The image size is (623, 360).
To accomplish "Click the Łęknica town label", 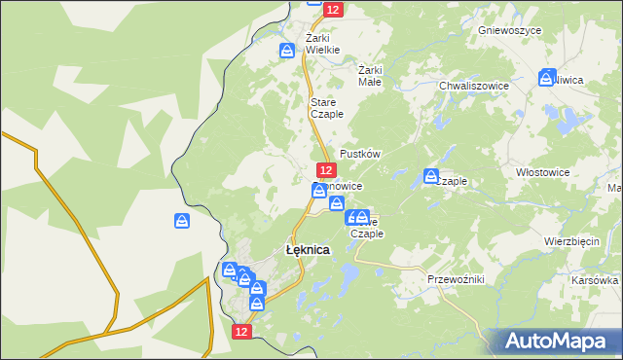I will (308, 250).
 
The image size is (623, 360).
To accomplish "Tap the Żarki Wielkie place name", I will (321, 44).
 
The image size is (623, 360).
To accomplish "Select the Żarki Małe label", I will (370, 76).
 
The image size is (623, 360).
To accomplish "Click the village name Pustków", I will (359, 155).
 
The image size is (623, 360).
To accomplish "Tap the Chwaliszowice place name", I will (474, 86).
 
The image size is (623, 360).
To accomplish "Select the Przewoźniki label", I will (456, 279).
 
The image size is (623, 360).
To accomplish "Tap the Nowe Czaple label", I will (368, 228).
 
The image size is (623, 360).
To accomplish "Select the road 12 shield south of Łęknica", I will (243, 332).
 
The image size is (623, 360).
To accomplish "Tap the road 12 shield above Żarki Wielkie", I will (334, 9).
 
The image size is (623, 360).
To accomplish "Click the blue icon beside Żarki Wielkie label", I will (287, 51).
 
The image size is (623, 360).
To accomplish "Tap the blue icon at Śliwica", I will (548, 77).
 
